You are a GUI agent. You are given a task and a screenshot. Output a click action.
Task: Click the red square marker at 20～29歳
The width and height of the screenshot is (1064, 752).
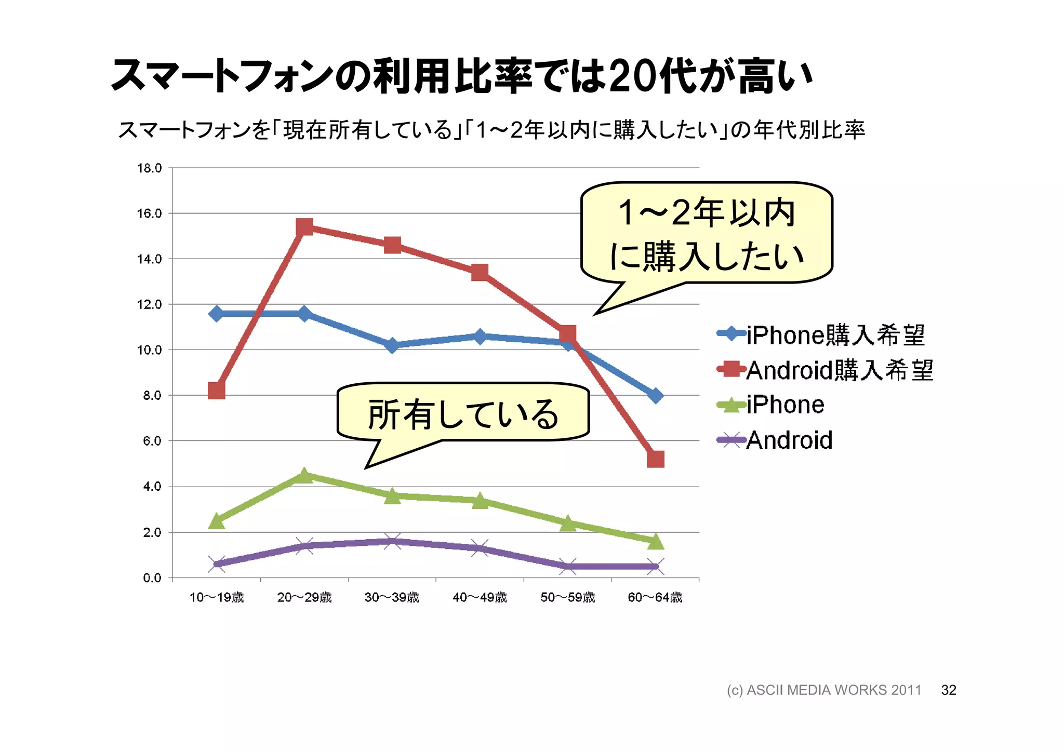304,226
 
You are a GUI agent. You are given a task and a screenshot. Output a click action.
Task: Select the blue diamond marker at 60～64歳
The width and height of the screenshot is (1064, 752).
656,395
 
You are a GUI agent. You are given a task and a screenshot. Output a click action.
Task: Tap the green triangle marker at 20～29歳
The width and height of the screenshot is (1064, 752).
304,475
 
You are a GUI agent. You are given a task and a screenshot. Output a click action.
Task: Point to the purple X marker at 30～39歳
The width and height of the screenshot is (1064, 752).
392,541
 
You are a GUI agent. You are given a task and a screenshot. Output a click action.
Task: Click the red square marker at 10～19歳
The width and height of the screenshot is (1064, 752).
217,390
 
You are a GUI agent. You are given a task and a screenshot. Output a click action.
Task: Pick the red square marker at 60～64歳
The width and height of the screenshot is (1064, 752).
656,459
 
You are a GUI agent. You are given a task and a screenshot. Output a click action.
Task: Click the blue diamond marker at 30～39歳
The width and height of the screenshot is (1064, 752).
392,345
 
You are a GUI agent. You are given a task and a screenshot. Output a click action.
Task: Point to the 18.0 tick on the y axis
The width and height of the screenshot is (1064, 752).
149,168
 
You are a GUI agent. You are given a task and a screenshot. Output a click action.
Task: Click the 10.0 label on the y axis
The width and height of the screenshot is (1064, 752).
149,350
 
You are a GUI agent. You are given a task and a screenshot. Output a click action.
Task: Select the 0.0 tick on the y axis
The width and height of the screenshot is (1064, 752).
152,578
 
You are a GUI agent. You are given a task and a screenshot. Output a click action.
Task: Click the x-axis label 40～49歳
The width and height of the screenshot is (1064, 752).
480,597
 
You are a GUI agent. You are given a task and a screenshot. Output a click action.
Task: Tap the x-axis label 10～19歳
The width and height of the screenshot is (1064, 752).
217,597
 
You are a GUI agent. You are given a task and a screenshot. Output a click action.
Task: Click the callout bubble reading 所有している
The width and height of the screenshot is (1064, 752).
462,413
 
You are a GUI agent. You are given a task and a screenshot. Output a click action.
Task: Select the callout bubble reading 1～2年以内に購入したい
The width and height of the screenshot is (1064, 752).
707,234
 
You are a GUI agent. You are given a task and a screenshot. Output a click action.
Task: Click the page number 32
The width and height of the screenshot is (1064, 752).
949,690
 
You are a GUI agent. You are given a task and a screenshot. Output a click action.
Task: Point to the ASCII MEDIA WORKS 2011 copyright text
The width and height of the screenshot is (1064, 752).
824,690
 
